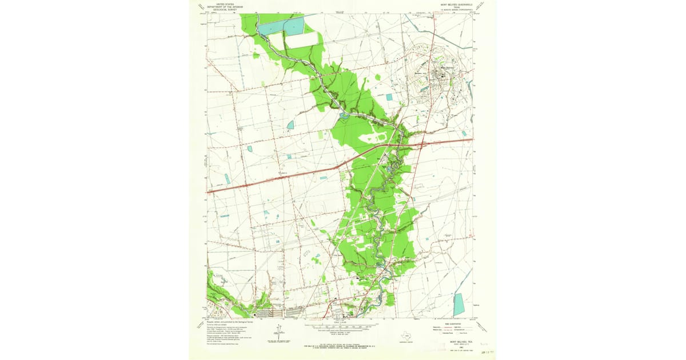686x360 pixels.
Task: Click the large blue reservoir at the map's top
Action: click(281, 26)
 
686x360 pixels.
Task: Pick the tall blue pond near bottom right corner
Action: click(458, 305)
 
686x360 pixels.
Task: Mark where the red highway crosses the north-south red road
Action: click(379, 147)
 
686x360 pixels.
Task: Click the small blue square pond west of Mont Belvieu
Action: click(389, 97)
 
